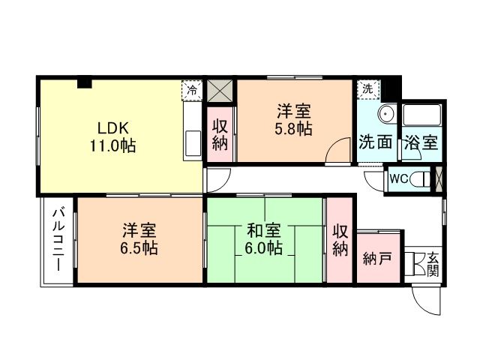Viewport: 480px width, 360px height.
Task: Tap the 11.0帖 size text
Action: click(x=112, y=145)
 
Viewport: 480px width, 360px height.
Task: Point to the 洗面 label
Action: click(x=375, y=142)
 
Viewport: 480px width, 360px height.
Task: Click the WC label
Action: click(x=398, y=180)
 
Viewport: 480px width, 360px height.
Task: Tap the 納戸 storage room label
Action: click(x=377, y=260)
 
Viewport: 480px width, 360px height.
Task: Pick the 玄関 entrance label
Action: click(x=433, y=264)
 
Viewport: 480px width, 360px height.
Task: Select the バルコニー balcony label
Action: click(x=58, y=242)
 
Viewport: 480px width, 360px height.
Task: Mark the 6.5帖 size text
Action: click(x=140, y=248)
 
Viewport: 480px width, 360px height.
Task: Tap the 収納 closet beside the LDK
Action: click(x=220, y=134)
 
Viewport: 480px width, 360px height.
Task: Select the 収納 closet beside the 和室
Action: click(x=340, y=241)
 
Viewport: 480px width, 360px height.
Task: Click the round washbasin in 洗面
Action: click(x=387, y=115)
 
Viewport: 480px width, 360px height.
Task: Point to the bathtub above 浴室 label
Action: click(x=421, y=115)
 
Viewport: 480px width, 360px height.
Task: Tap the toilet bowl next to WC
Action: click(x=424, y=180)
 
